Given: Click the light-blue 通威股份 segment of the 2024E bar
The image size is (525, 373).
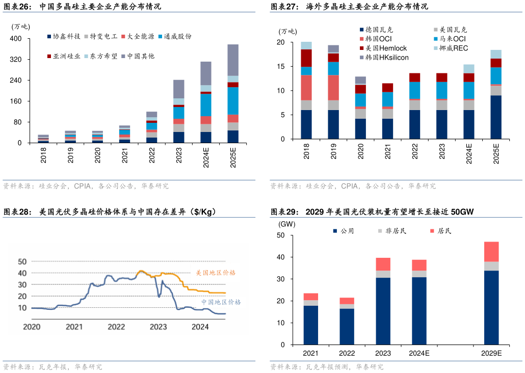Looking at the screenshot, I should [x=206, y=105].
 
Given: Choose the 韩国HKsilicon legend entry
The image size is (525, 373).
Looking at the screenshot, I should [x=386, y=58].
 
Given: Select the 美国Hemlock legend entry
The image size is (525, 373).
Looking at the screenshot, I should [x=386, y=48].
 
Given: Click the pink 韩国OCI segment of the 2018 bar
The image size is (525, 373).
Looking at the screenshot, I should [x=306, y=88].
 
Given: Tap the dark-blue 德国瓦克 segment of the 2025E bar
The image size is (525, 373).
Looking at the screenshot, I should [x=496, y=117].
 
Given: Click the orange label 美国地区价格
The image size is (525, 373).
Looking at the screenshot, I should [x=216, y=273].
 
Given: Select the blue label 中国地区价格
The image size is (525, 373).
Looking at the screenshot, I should [x=221, y=302].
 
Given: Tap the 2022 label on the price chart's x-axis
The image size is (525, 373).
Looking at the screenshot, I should [x=116, y=327].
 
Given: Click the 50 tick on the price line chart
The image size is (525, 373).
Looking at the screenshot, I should [x=22, y=261].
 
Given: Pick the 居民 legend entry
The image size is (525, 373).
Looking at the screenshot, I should [x=444, y=231].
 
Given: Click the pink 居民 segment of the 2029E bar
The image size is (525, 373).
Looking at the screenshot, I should [x=491, y=251].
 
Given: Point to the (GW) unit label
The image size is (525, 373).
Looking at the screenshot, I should [x=287, y=224].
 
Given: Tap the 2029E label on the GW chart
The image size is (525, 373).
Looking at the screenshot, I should [x=491, y=354].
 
